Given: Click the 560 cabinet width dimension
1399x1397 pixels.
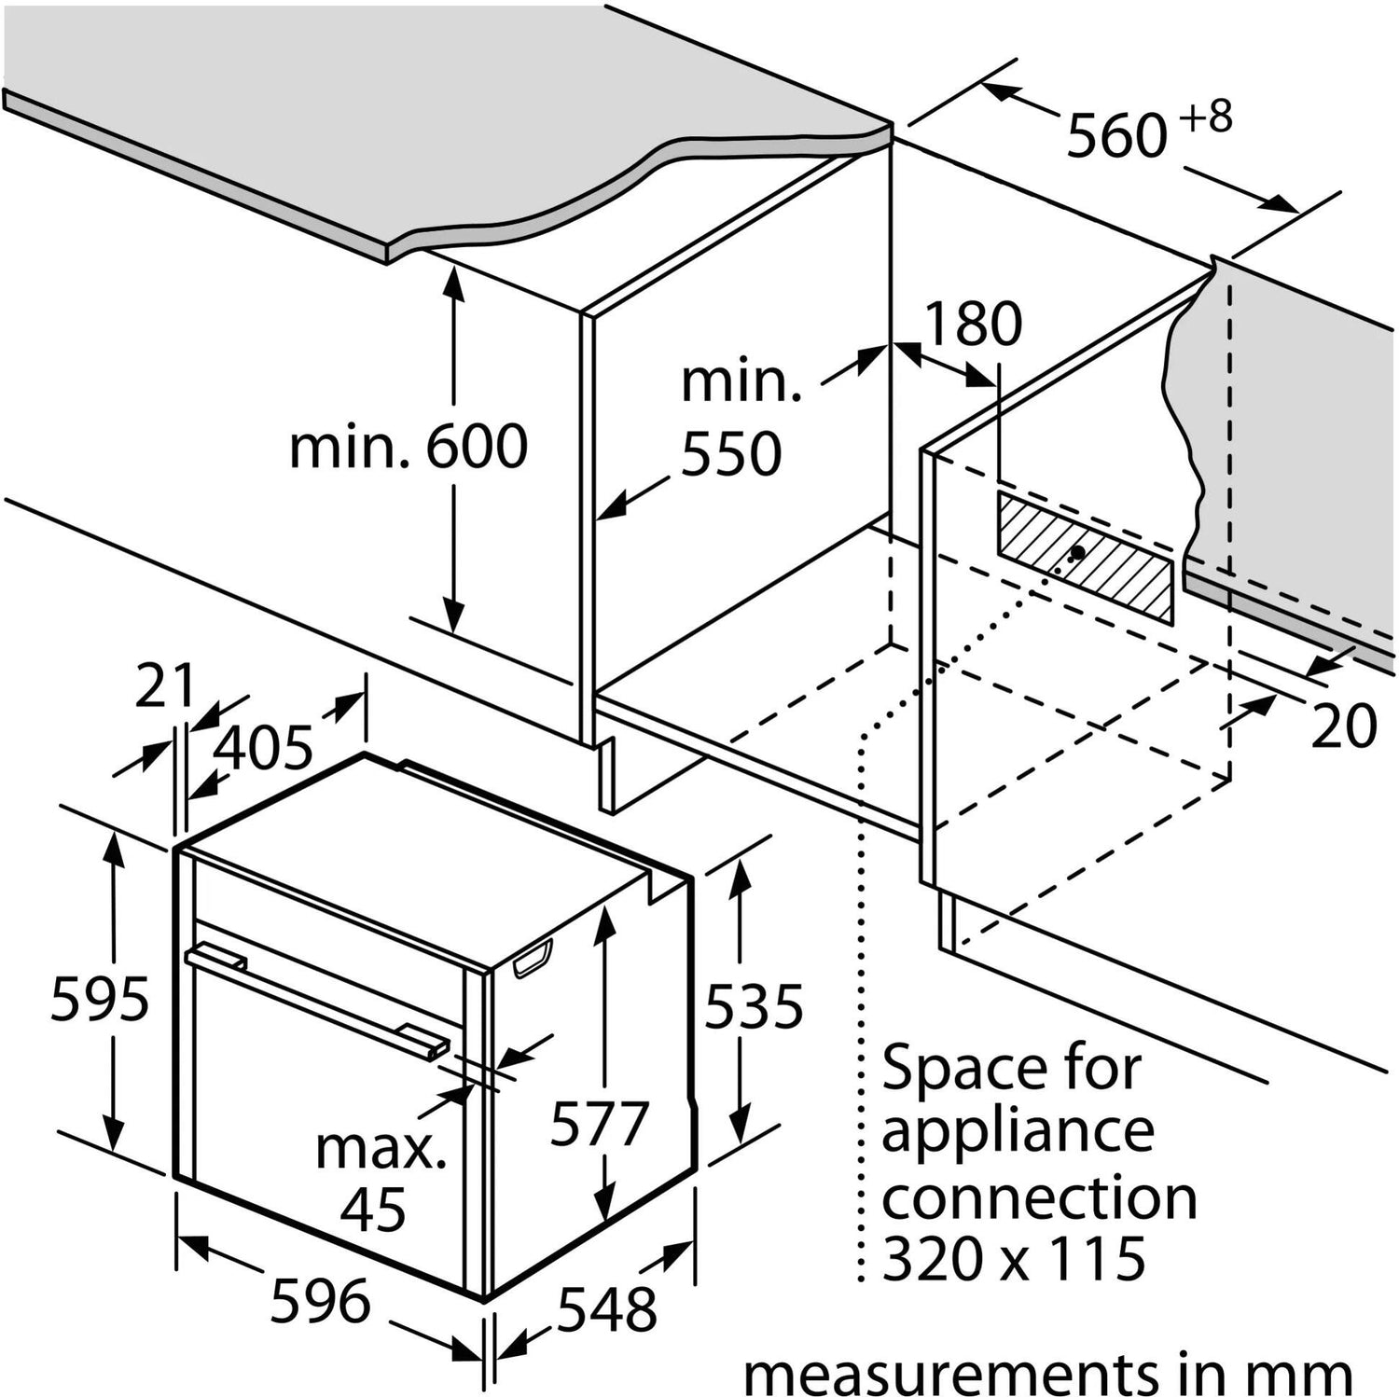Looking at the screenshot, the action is click(x=1116, y=135).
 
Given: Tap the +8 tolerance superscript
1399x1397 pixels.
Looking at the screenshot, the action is click(x=1204, y=118).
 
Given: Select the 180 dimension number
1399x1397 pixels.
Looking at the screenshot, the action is click(x=973, y=324).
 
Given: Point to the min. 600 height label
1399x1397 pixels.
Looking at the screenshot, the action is click(x=409, y=447).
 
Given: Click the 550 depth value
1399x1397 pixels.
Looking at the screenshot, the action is click(x=731, y=454).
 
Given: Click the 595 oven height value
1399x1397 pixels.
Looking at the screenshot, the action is click(x=100, y=999).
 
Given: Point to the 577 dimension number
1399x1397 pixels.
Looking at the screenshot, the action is click(x=599, y=1123).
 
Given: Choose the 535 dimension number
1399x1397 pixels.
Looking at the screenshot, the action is click(x=754, y=1006).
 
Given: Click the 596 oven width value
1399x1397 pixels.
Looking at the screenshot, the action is click(x=320, y=1300).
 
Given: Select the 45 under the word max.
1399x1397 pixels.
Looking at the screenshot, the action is click(x=373, y=1210).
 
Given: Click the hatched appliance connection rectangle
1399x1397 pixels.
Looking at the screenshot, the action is click(x=1085, y=556).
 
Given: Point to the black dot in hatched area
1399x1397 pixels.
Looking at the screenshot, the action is click(x=1078, y=552).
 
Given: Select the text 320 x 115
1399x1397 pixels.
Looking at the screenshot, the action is click(x=1014, y=1258).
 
